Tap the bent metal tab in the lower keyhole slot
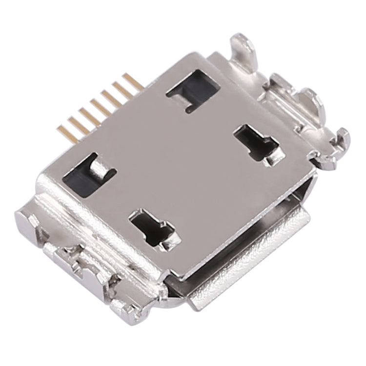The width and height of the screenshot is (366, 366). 168,233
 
